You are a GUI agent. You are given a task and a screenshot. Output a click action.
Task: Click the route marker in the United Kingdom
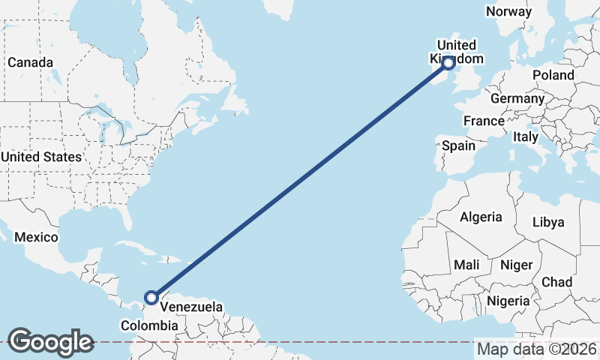[449, 63]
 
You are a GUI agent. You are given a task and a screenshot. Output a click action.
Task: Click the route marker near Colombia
[151, 298]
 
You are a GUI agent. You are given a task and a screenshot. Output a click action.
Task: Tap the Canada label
[30, 62]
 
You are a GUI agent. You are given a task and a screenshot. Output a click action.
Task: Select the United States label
[40, 157]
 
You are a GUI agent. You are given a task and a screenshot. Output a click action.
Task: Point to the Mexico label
[36, 237]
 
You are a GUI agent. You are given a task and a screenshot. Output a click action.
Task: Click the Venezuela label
[190, 307]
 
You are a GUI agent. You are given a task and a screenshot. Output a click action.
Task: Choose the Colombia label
[150, 325]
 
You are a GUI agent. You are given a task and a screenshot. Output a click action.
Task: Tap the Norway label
[509, 11]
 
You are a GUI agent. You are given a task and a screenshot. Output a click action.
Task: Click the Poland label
[553, 75]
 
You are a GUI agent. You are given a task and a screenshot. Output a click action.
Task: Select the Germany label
[517, 98]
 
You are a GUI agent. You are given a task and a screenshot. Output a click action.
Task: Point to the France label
[484, 121]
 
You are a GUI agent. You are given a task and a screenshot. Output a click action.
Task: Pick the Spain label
[458, 145]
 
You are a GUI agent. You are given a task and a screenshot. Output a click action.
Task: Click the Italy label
[525, 136]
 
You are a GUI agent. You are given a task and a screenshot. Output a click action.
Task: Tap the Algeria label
[481, 217]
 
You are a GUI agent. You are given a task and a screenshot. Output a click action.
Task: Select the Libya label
[547, 222]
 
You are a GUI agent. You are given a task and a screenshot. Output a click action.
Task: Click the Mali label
[466, 265]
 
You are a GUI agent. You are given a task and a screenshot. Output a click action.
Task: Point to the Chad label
[556, 282]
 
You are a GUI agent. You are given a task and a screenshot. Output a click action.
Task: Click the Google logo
[50, 342]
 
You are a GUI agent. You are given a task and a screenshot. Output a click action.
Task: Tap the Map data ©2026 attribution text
[537, 349]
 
